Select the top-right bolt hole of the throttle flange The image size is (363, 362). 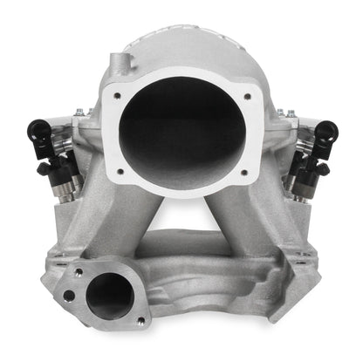[x=248, y=97]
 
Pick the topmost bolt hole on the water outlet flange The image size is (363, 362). [x=80, y=271]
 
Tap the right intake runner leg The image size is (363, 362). [x=243, y=218]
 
